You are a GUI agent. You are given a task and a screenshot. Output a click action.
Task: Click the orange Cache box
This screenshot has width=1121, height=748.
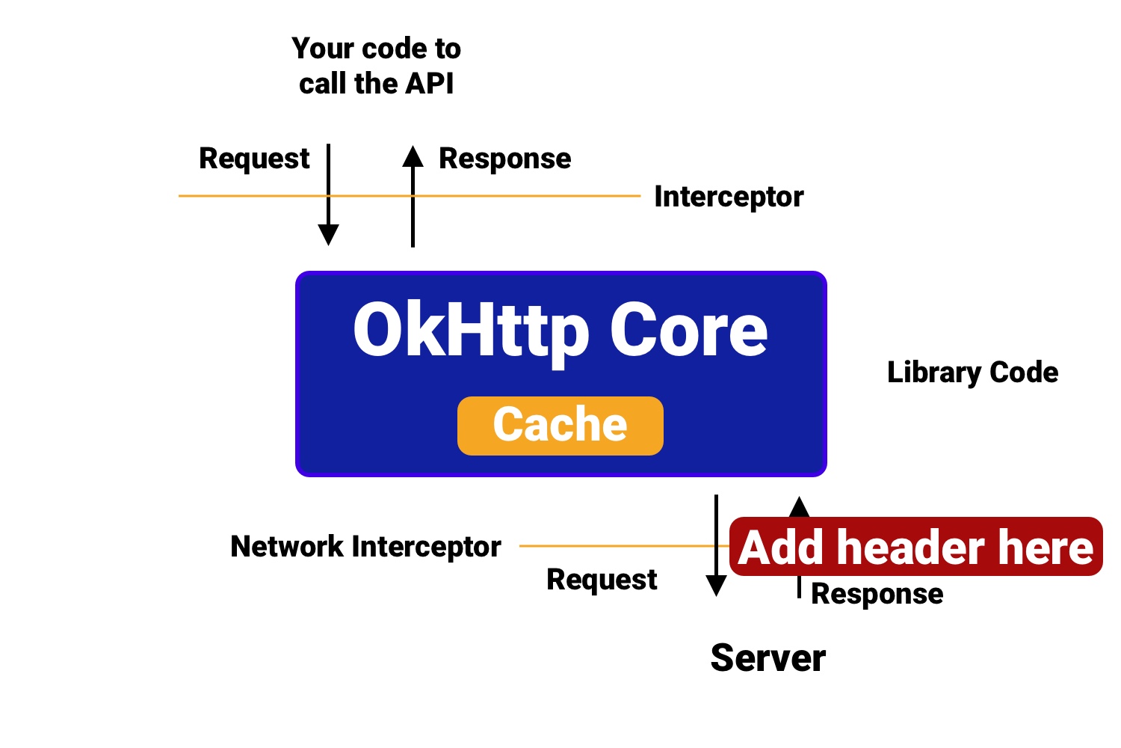(560, 426)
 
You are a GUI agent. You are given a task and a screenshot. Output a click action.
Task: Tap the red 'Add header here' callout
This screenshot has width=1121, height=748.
(915, 547)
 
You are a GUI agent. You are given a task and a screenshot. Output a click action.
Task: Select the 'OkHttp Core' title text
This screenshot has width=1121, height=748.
(560, 331)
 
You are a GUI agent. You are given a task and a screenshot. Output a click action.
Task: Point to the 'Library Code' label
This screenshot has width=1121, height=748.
(972, 373)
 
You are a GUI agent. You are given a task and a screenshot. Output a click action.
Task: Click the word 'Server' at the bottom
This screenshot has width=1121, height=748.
(768, 658)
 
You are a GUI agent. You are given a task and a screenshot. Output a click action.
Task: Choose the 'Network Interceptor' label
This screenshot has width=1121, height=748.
(365, 547)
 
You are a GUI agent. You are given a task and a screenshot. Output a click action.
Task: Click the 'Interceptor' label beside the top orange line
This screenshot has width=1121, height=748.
(729, 197)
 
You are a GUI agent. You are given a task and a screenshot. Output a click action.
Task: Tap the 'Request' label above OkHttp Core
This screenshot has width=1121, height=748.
(254, 159)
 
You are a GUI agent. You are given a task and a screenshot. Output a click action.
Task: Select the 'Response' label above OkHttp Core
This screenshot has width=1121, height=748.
(504, 159)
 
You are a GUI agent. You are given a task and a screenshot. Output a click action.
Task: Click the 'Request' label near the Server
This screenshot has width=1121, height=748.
(602, 580)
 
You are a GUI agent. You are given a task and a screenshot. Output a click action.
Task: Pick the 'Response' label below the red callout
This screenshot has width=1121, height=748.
(877, 594)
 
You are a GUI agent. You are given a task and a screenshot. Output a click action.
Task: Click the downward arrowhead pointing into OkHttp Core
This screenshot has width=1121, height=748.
(328, 235)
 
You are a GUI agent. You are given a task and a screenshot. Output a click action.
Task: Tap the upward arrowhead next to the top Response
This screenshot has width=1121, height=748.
(413, 156)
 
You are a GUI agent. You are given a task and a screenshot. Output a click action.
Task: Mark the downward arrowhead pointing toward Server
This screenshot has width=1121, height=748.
(716, 586)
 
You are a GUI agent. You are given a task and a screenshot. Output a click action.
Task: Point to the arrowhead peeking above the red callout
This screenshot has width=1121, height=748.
(799, 507)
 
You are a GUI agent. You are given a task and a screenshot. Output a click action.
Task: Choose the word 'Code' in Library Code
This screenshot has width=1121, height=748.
(1024, 373)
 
